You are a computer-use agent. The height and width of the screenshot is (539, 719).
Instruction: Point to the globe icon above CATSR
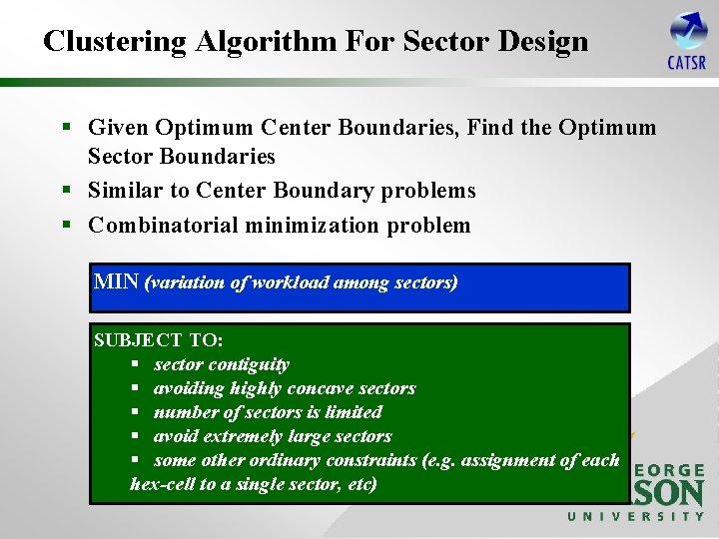click(688, 30)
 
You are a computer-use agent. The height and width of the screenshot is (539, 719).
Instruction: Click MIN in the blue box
click(116, 281)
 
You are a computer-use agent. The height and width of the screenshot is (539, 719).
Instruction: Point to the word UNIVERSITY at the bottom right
click(636, 516)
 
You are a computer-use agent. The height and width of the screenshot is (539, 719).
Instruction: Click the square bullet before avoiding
click(138, 388)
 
